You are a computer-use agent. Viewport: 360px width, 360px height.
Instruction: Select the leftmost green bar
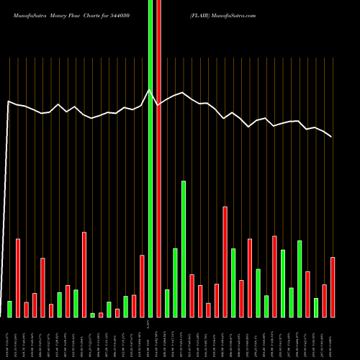click(x=9, y=309)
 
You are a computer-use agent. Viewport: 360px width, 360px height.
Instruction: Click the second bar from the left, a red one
click(x=18, y=278)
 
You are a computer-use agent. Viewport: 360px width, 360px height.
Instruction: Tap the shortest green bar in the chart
click(x=93, y=315)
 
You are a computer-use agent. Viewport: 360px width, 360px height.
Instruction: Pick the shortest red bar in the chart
click(x=101, y=315)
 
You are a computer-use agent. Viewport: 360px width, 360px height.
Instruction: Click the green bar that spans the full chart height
click(x=150, y=158)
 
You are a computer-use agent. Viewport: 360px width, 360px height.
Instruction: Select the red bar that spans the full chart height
click(x=158, y=158)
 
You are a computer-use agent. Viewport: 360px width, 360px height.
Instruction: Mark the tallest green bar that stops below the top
click(x=184, y=249)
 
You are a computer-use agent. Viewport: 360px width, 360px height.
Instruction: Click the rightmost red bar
click(x=333, y=287)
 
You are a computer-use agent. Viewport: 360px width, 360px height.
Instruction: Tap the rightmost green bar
click(x=316, y=307)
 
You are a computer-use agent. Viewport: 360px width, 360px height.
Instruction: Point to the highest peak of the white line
click(x=150, y=89)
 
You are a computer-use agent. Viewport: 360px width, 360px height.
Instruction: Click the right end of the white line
click(x=332, y=136)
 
